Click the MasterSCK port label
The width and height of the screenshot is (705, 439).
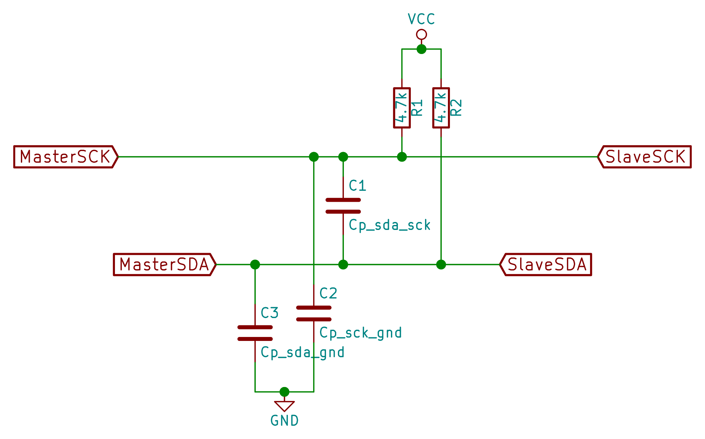point(66,157)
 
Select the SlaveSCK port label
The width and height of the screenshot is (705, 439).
point(644,157)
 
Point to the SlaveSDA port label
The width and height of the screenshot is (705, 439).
point(546,264)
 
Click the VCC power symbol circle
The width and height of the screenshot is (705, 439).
point(421,34)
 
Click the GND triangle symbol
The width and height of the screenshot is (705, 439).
point(284,406)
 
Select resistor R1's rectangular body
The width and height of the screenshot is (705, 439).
point(402,108)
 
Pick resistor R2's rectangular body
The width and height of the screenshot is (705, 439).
point(441,108)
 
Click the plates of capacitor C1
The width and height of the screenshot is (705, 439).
point(343,206)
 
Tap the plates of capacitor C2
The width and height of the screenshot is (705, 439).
point(314,313)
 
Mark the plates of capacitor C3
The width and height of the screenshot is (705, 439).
point(255,333)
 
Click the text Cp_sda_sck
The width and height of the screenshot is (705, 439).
point(390,225)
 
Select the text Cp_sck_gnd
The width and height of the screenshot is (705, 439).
point(360,333)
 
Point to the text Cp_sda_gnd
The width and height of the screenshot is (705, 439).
point(302,353)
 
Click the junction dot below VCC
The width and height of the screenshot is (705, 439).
point(421,49)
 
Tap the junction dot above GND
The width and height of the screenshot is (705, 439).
point(284,392)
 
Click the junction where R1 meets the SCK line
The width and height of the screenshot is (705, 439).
point(402,157)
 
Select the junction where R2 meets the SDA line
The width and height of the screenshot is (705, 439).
point(441,264)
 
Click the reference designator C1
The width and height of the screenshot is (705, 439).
point(357,186)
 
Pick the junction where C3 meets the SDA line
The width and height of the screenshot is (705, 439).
point(255,264)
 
